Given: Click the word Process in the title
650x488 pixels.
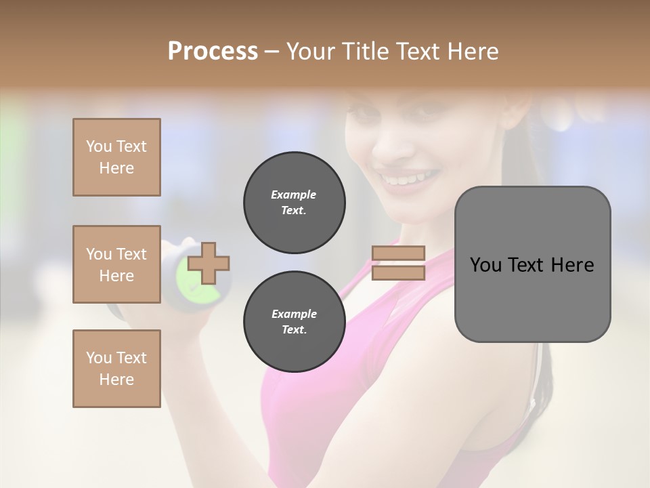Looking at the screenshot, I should (x=213, y=51).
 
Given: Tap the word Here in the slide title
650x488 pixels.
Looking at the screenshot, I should (x=471, y=51).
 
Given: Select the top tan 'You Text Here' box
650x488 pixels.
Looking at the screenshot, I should (x=116, y=157).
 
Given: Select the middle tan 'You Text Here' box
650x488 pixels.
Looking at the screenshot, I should (x=116, y=264).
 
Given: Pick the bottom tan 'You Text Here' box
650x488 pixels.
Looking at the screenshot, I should (x=116, y=369).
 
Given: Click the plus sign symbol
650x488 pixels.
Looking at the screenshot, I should (x=209, y=263).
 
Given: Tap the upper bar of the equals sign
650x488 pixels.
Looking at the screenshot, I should (x=399, y=253).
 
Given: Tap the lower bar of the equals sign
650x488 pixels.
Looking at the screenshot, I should (x=399, y=272).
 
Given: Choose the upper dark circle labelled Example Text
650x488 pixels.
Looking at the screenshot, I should (x=294, y=203).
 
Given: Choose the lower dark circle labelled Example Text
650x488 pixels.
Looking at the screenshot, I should (x=294, y=322).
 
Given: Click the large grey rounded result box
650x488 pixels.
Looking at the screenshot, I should (x=532, y=264).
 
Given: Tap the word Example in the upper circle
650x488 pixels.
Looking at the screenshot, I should (x=294, y=195).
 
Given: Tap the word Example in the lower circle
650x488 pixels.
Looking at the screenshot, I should (x=294, y=314).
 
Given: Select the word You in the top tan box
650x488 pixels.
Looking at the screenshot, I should (x=99, y=146).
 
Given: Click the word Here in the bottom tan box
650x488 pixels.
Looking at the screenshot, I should (x=116, y=380).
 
